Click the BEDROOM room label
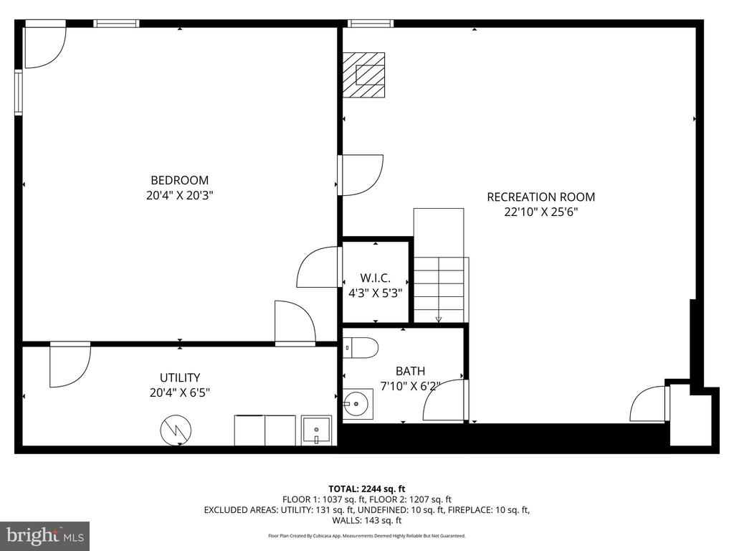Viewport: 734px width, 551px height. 180,180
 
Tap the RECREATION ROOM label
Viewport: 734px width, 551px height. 541,197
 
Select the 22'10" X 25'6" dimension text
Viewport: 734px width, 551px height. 541,212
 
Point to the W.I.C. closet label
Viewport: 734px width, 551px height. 376,278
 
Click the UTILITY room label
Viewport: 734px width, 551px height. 180,377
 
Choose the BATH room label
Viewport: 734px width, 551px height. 411,371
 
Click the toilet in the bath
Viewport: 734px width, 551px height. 361,348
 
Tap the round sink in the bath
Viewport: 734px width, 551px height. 358,404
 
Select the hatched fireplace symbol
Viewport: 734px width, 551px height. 363,75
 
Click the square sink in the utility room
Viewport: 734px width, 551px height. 316,430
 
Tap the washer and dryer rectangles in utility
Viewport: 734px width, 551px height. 265,430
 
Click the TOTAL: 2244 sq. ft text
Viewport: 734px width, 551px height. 366,489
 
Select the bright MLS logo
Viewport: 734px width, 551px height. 45,536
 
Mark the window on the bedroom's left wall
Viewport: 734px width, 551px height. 18,93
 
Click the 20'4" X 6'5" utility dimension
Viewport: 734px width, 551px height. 180,392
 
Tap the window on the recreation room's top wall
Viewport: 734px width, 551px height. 371,24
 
